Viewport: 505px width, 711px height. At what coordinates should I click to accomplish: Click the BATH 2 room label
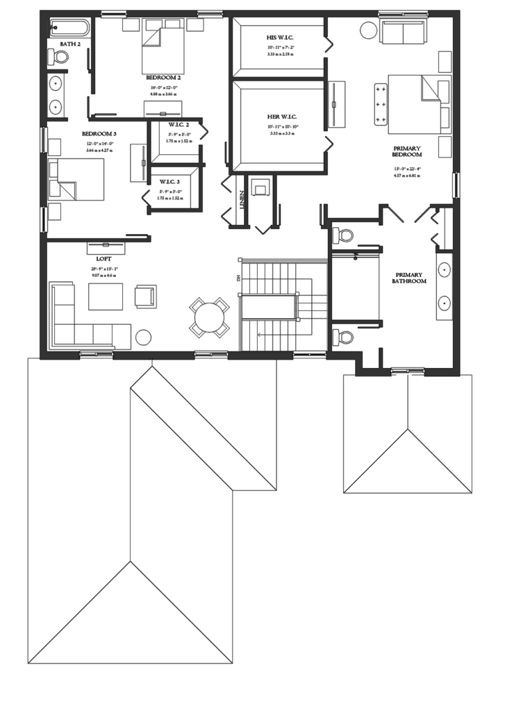70,44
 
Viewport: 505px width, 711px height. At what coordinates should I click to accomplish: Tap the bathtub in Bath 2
69,28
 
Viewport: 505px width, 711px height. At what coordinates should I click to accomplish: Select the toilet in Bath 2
60,57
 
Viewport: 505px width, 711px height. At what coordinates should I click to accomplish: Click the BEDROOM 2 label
164,78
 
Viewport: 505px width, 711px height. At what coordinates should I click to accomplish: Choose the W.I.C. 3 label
169,181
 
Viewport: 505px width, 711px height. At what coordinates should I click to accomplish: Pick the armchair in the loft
147,296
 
